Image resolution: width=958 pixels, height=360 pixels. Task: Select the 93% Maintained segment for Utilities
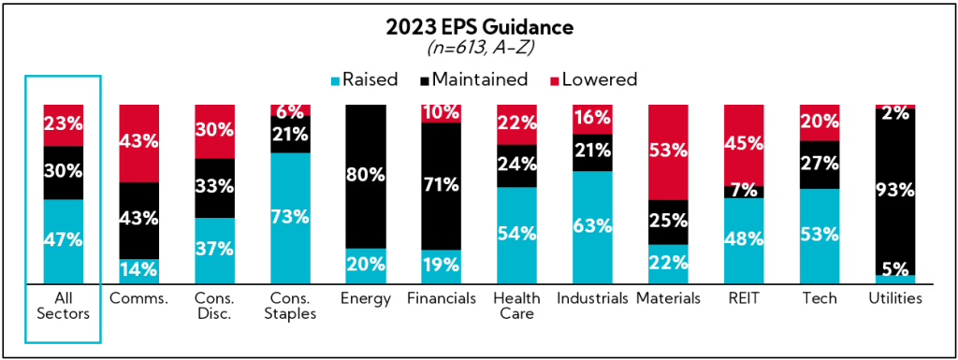tap(896, 191)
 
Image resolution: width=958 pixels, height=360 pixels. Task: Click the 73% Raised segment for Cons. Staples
tap(291, 217)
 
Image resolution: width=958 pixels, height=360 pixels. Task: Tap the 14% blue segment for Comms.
tap(139, 270)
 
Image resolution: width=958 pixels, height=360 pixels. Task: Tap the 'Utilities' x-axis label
tap(896, 298)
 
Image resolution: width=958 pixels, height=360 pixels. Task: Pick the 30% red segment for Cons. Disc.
tap(215, 132)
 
